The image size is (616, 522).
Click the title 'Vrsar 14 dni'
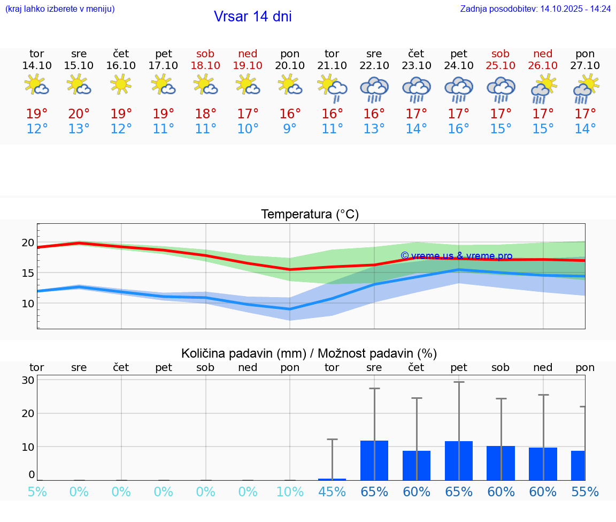point(252,17)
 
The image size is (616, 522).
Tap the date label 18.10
point(205,65)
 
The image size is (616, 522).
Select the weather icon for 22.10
point(374,88)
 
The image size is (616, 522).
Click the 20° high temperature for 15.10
point(79,114)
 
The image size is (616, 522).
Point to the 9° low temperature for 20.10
point(290,129)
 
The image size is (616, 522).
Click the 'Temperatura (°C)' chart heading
point(310,215)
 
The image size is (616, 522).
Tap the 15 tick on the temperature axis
point(28,273)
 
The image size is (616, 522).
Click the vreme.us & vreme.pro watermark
point(456,256)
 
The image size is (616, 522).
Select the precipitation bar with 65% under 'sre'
point(374,460)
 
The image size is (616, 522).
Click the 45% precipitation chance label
point(332,492)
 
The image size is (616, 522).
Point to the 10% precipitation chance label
point(290,492)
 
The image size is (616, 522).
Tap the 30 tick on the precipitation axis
point(28,380)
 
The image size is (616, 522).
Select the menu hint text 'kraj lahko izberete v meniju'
point(60,9)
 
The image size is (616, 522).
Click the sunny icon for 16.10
point(121,84)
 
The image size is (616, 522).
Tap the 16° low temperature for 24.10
point(459,129)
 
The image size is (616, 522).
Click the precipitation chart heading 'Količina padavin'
point(309,353)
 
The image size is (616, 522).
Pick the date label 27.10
point(585,65)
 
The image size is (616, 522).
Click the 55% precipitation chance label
point(585,492)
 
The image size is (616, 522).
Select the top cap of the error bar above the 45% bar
point(332,439)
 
